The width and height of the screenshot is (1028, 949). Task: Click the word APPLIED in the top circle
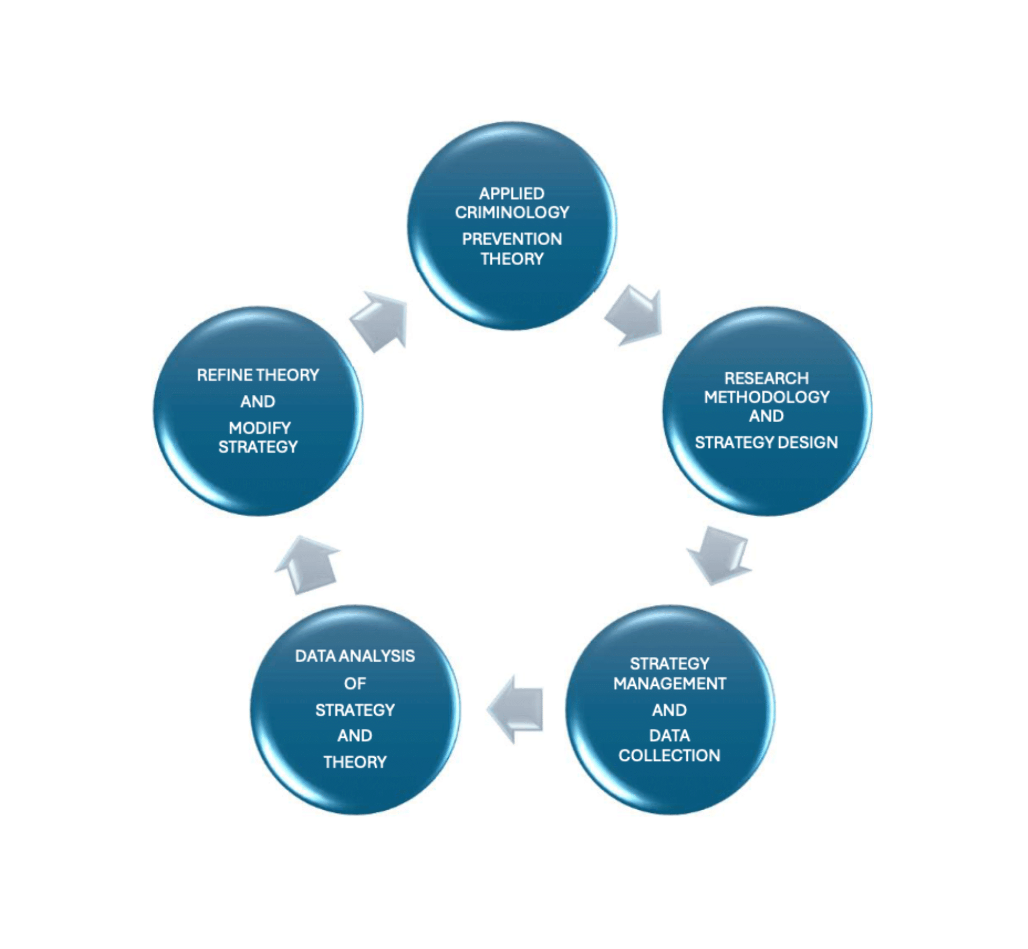(511, 194)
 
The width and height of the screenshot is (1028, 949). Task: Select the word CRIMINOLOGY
(512, 212)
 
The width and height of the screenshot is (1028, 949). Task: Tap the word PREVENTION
(512, 239)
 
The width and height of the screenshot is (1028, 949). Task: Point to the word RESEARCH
(766, 378)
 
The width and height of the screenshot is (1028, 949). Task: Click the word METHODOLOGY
(766, 397)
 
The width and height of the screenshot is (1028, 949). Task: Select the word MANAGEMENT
(669, 684)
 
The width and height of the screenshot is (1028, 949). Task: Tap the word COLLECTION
(669, 755)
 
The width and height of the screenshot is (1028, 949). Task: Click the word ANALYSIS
(377, 656)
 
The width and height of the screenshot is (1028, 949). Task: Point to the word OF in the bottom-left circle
(355, 683)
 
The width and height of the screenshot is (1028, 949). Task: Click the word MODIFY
(260, 428)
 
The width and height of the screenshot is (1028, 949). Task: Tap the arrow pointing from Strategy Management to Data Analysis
(516, 709)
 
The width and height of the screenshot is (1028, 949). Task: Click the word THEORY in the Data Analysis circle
(355, 762)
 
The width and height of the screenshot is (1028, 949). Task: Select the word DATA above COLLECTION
(669, 736)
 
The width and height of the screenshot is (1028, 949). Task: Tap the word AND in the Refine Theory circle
(258, 401)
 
